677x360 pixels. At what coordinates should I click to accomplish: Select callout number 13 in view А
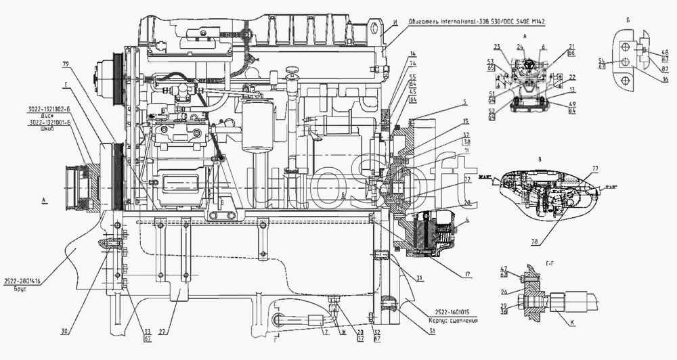pos(572,89)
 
